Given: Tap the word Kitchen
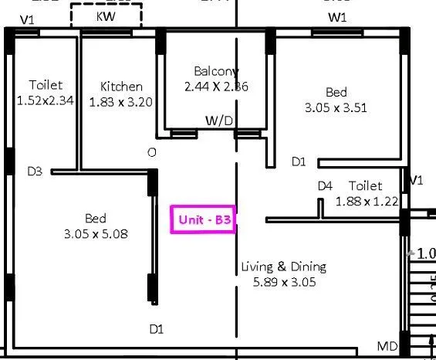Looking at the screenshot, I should click(121, 87).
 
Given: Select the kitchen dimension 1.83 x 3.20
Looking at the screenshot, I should click(121, 101).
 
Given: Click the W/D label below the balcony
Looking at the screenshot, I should click(219, 121).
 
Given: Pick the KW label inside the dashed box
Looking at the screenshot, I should click(106, 16).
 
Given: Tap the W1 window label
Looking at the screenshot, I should click(337, 17).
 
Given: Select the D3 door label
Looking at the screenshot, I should click(35, 172).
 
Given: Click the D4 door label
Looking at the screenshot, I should click(325, 186).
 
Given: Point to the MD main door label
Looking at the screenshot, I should click(387, 345).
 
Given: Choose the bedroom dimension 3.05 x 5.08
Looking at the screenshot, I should click(96, 233).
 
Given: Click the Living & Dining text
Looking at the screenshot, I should click(283, 267).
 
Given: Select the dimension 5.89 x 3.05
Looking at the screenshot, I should click(284, 282).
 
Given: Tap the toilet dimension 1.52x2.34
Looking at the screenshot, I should click(46, 100).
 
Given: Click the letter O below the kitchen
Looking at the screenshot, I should click(152, 153).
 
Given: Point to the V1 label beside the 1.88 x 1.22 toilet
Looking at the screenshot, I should click(417, 180).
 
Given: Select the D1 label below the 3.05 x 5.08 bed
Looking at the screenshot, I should click(157, 329).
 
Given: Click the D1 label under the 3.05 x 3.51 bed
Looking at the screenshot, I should click(299, 162).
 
